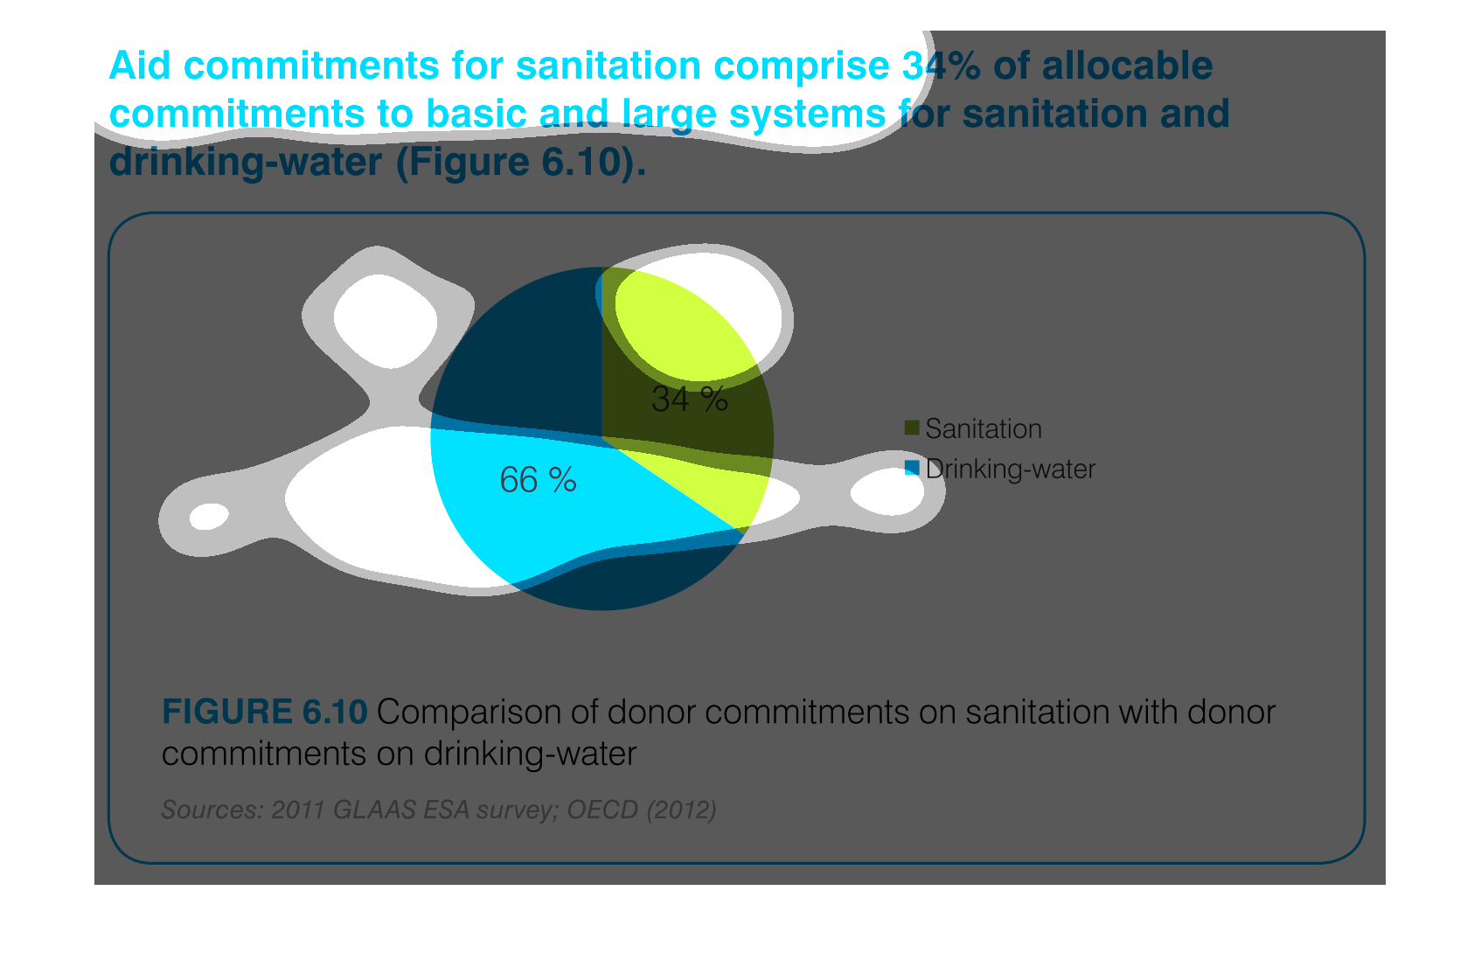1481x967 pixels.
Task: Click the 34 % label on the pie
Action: [690, 399]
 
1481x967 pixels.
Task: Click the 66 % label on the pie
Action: [538, 479]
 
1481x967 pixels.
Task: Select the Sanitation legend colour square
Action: [912, 428]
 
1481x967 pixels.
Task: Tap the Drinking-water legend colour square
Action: [912, 468]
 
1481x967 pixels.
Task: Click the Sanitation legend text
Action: [984, 428]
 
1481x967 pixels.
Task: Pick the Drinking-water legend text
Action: [1011, 470]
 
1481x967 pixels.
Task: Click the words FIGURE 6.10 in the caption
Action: [264, 712]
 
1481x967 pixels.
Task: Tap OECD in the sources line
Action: [602, 810]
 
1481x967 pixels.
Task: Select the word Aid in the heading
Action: [140, 66]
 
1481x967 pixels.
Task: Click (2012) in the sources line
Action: [682, 810]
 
